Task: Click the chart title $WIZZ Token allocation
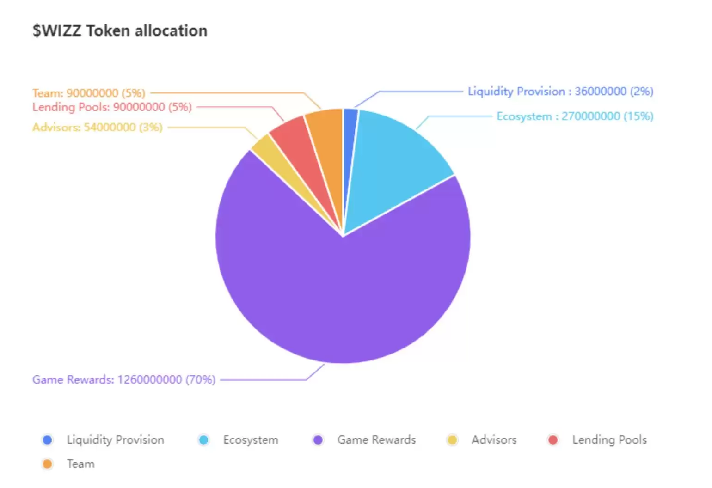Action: coord(120,31)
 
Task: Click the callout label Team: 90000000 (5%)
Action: coord(89,93)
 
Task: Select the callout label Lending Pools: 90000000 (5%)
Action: coord(112,107)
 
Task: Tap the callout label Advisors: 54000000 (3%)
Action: coord(97,127)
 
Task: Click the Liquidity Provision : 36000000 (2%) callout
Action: coord(560,91)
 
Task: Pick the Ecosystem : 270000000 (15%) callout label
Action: coord(575,116)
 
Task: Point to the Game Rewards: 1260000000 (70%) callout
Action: coord(123,379)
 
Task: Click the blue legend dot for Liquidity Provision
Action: coord(47,440)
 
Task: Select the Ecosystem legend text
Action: coord(251,440)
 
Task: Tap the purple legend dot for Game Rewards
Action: coord(318,440)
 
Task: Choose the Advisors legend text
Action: coord(494,440)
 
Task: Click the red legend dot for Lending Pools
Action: coord(552,440)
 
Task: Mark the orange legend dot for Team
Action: coord(47,464)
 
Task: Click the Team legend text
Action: coord(80,464)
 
